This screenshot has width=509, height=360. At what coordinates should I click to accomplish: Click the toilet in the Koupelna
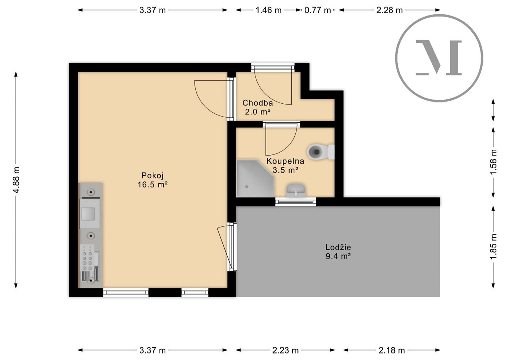(321, 152)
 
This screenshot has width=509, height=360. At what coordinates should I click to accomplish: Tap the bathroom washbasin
(296, 190)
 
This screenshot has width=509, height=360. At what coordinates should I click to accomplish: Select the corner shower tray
(255, 178)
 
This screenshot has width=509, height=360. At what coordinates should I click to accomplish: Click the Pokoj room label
(152, 175)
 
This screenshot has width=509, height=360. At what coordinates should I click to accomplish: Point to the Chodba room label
(258, 103)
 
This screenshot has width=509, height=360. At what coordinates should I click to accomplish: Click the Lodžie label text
(338, 247)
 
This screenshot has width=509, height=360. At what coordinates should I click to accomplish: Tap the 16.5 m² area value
(152, 184)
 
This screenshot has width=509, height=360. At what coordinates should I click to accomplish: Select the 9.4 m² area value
(338, 256)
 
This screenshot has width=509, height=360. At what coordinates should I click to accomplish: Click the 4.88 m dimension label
(16, 180)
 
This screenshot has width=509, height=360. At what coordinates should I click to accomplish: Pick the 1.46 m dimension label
(268, 10)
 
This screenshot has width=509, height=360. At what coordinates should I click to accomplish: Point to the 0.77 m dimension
(317, 10)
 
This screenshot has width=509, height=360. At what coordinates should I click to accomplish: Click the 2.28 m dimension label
(389, 10)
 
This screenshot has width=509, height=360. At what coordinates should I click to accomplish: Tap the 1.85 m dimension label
(493, 247)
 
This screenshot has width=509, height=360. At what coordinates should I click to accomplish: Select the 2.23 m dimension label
(285, 351)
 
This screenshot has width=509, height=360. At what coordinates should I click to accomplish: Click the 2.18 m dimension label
(392, 351)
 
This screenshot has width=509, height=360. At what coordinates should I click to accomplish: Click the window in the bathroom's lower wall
(296, 202)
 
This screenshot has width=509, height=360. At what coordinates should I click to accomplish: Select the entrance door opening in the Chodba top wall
(273, 67)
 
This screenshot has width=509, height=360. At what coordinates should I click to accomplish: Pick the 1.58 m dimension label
(493, 162)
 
